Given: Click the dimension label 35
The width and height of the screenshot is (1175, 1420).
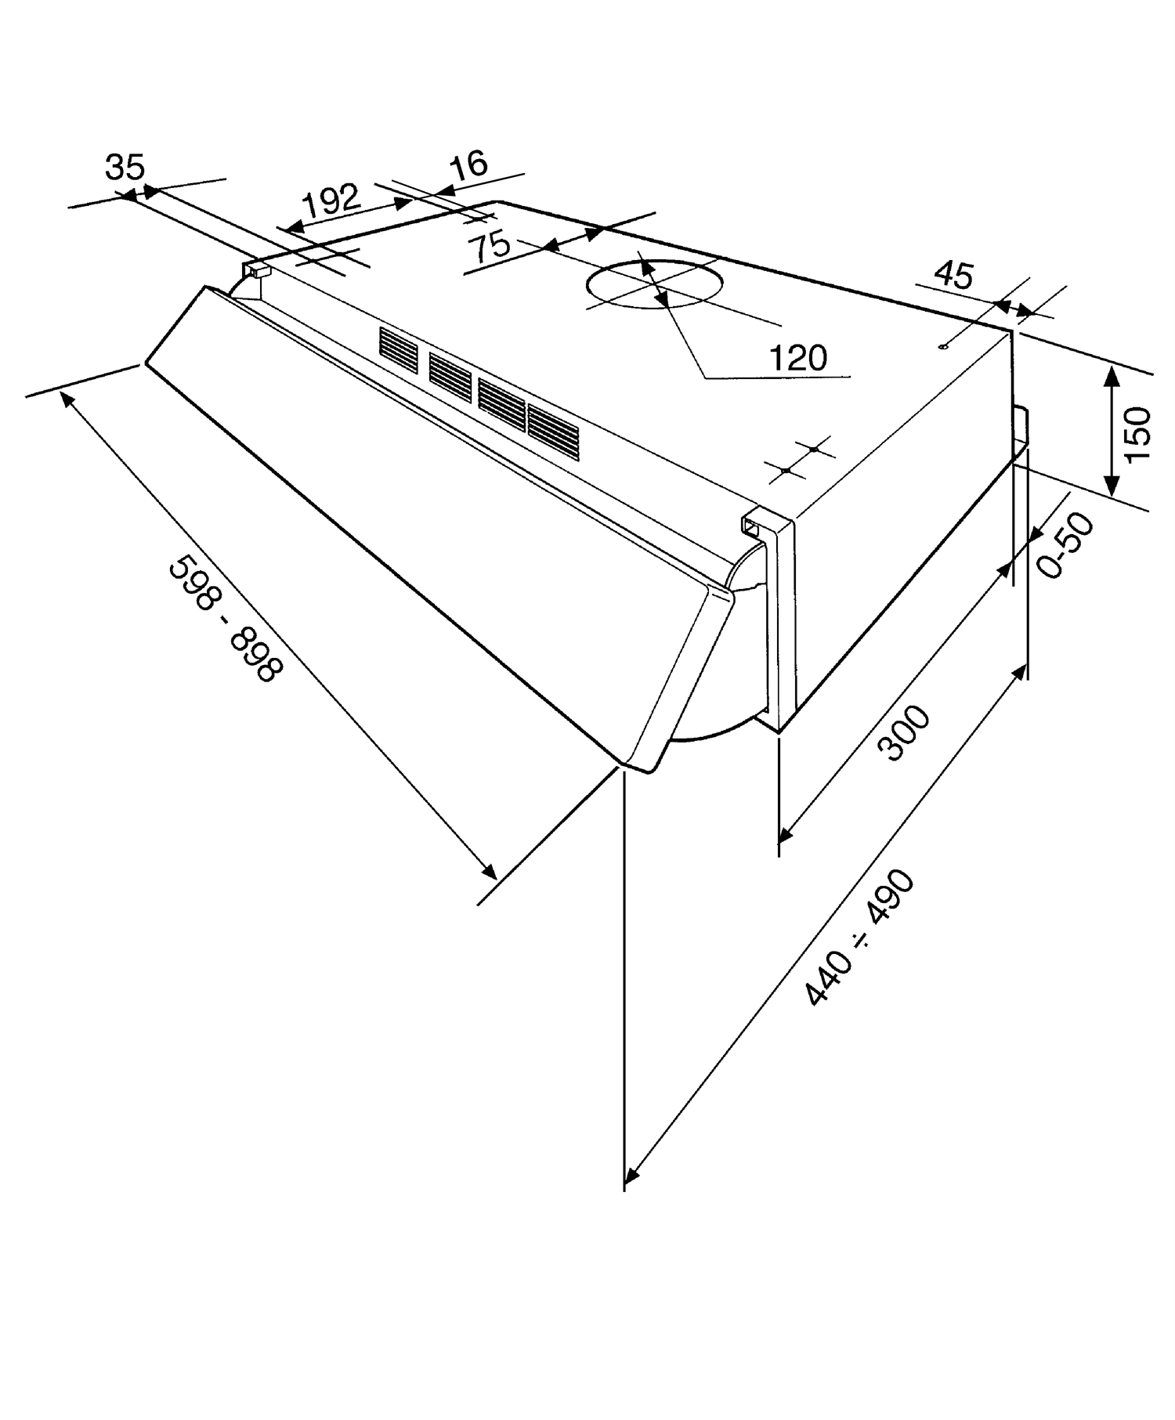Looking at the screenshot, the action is click(125, 168).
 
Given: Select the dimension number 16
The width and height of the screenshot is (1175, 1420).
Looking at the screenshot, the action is click(469, 164).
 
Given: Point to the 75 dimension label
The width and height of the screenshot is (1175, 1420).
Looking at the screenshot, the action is click(489, 248).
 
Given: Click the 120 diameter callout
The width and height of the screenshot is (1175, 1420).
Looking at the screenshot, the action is click(798, 359).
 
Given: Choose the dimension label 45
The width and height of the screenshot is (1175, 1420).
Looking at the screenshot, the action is click(954, 275).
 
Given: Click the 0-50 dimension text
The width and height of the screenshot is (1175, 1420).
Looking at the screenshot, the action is click(1065, 545).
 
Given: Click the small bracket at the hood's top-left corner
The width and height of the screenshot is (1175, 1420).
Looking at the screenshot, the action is click(257, 269).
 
